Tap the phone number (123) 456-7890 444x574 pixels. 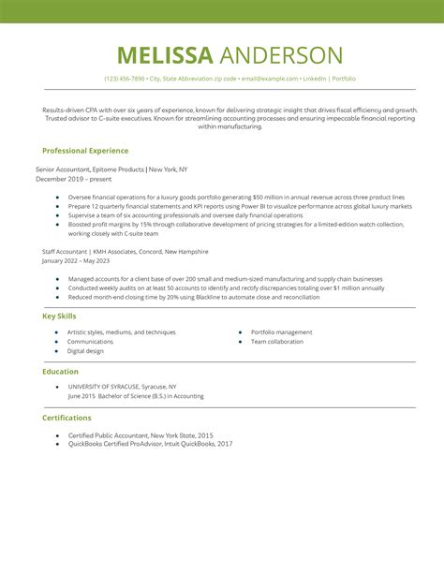(x=125, y=79)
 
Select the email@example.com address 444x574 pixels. (x=269, y=79)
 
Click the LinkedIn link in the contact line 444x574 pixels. (x=316, y=79)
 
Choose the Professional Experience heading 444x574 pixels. (x=85, y=150)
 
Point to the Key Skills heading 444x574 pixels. (x=60, y=316)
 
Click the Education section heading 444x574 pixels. (x=60, y=371)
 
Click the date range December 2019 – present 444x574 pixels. (x=74, y=178)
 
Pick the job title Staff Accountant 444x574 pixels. (x=66, y=252)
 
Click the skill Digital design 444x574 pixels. (x=85, y=351)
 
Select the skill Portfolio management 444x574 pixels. (x=281, y=332)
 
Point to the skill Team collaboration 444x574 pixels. (x=277, y=342)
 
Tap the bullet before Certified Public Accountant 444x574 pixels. (x=57, y=435)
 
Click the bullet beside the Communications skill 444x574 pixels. (x=57, y=342)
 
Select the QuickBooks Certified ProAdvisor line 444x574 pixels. (x=150, y=444)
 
